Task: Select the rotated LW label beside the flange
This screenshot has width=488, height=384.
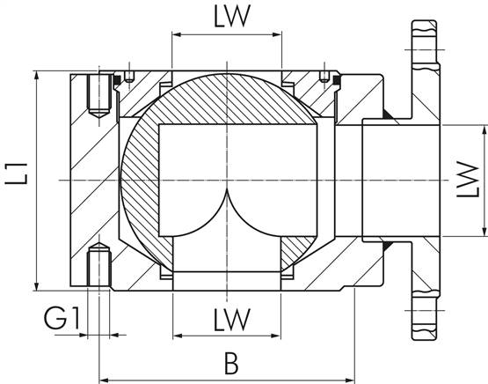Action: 470,181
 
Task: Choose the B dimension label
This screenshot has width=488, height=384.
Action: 230,362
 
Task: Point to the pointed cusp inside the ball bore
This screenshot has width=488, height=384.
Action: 227,189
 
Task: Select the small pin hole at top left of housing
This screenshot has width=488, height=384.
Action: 128,75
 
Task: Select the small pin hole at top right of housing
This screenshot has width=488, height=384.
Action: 324,75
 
